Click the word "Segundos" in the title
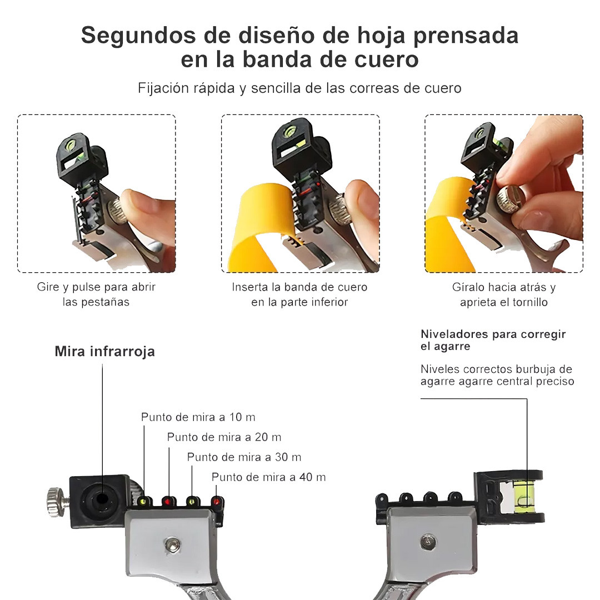139,36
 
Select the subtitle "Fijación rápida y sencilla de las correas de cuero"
299,88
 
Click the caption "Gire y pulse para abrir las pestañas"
96,294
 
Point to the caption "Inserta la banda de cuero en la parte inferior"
299,294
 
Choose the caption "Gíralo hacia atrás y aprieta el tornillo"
503,294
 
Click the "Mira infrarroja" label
105,351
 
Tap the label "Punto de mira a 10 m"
198,417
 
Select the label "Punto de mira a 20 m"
224,437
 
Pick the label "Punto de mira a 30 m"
244,457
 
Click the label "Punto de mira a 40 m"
269,477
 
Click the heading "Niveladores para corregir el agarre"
493,340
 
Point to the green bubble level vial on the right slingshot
526,496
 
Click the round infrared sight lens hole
102,499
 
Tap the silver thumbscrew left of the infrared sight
57,502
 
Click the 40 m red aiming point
217,501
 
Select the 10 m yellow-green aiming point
143,501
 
